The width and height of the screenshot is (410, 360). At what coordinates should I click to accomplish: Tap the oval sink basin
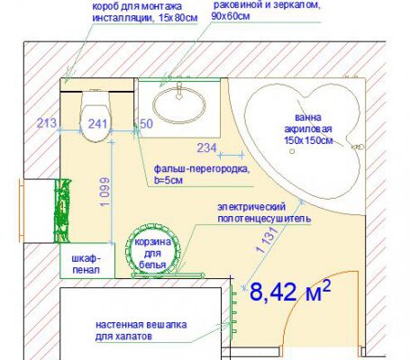point(179,105)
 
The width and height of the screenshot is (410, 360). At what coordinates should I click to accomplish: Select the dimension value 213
point(47,123)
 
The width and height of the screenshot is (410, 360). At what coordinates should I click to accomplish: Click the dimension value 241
point(97,123)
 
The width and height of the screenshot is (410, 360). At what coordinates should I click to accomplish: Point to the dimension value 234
point(207,148)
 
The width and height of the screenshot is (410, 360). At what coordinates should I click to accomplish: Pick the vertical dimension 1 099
point(105,192)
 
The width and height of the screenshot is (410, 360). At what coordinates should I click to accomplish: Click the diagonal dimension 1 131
point(266,240)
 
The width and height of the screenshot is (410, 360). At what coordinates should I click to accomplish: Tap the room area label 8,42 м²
point(290,291)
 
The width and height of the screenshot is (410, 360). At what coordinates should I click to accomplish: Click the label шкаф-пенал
point(87,264)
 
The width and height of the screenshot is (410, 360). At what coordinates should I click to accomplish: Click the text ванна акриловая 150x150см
point(308,129)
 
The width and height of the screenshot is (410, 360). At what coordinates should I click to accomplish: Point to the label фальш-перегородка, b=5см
point(202,175)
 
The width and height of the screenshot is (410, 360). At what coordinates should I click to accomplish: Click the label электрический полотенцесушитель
point(264,212)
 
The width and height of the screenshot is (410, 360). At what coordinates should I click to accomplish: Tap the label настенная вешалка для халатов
point(141,330)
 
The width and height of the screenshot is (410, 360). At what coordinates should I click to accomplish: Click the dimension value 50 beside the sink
point(146,123)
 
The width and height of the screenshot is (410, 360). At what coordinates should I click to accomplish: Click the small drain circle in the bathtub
point(292,151)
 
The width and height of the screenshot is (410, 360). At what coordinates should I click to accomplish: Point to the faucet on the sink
point(179,91)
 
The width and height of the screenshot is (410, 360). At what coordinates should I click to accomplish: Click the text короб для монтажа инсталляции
point(145,12)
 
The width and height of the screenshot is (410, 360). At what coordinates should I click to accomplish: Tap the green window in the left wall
point(62,211)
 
